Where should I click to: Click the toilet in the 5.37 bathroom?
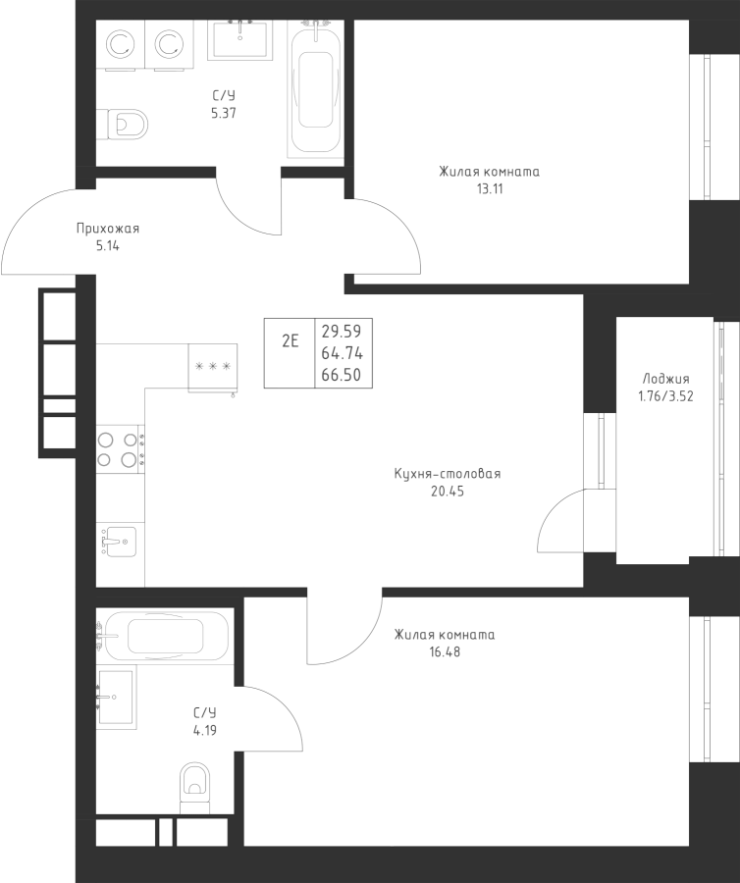coord(124,125)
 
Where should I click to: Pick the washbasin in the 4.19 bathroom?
coord(117,697)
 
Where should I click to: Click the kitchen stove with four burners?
coord(121,448)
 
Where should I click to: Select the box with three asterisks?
coord(213,367)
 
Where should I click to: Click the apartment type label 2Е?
coord(290,341)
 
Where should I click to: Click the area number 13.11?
coord(489,188)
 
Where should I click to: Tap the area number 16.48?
coord(445,650)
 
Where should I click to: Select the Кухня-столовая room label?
coord(447,474)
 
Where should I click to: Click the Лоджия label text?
coord(665,379)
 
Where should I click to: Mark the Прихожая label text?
coord(108,230)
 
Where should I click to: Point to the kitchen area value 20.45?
coord(447,491)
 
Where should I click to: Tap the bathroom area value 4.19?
coord(204,729)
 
